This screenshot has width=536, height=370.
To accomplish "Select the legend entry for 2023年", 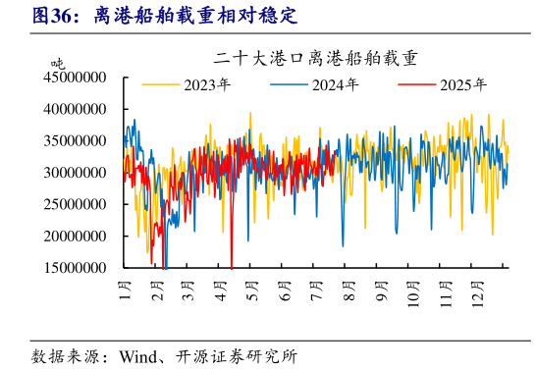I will tap(206, 84).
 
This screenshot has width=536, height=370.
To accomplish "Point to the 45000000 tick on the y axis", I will tap(76, 77).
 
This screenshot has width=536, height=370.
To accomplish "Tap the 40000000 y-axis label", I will tap(76, 109).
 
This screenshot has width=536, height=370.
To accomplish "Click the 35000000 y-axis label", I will tap(76, 140).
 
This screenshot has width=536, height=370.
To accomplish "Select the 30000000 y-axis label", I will tap(76, 173).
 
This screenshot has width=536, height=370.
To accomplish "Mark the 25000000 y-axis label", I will tap(76, 204).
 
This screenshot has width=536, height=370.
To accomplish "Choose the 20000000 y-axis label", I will tap(76, 236).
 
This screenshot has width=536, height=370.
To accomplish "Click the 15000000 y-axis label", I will tap(76, 267).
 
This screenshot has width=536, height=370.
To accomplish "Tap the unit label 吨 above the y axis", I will tap(58, 63).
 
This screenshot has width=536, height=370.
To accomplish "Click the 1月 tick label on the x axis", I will tap(126, 291).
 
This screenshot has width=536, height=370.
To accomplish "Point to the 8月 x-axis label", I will tap(348, 291).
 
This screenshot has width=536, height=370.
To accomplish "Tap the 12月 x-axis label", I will tap(476, 292).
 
